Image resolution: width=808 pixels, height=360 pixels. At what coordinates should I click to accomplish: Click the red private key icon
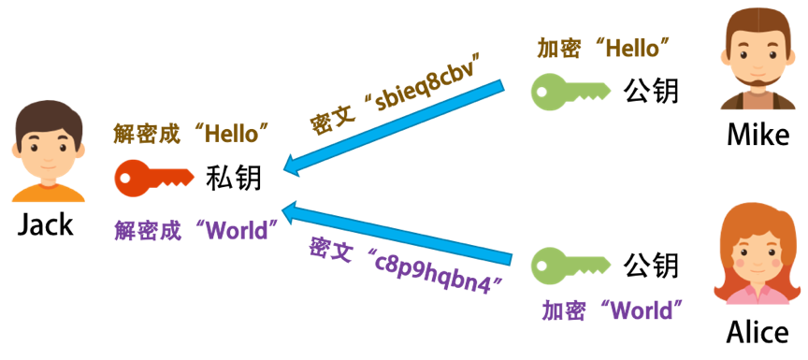click(x=153, y=179)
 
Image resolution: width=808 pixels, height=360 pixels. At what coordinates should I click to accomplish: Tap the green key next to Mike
click(x=570, y=92)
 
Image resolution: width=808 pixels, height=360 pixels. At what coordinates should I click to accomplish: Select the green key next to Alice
click(x=570, y=266)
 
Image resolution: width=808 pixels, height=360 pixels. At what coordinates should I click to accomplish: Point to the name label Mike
click(x=757, y=135)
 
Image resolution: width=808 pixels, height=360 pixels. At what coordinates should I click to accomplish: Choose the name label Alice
click(x=757, y=332)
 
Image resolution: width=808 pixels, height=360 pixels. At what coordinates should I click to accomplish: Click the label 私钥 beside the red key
click(x=234, y=179)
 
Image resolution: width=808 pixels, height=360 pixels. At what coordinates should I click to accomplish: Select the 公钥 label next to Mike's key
click(x=651, y=91)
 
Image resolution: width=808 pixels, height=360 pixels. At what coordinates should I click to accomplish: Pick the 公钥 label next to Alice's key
click(x=651, y=266)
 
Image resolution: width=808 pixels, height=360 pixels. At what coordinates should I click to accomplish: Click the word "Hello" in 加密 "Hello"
click(x=633, y=49)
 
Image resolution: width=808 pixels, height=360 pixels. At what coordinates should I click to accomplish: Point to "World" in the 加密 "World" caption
click(x=641, y=310)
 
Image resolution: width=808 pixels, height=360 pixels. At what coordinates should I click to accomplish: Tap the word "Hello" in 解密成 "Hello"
click(x=230, y=134)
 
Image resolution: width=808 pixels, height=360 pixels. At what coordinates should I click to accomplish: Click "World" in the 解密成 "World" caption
click(x=237, y=230)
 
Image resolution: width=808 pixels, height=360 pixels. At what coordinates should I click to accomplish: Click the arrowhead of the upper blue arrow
click(x=294, y=164)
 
